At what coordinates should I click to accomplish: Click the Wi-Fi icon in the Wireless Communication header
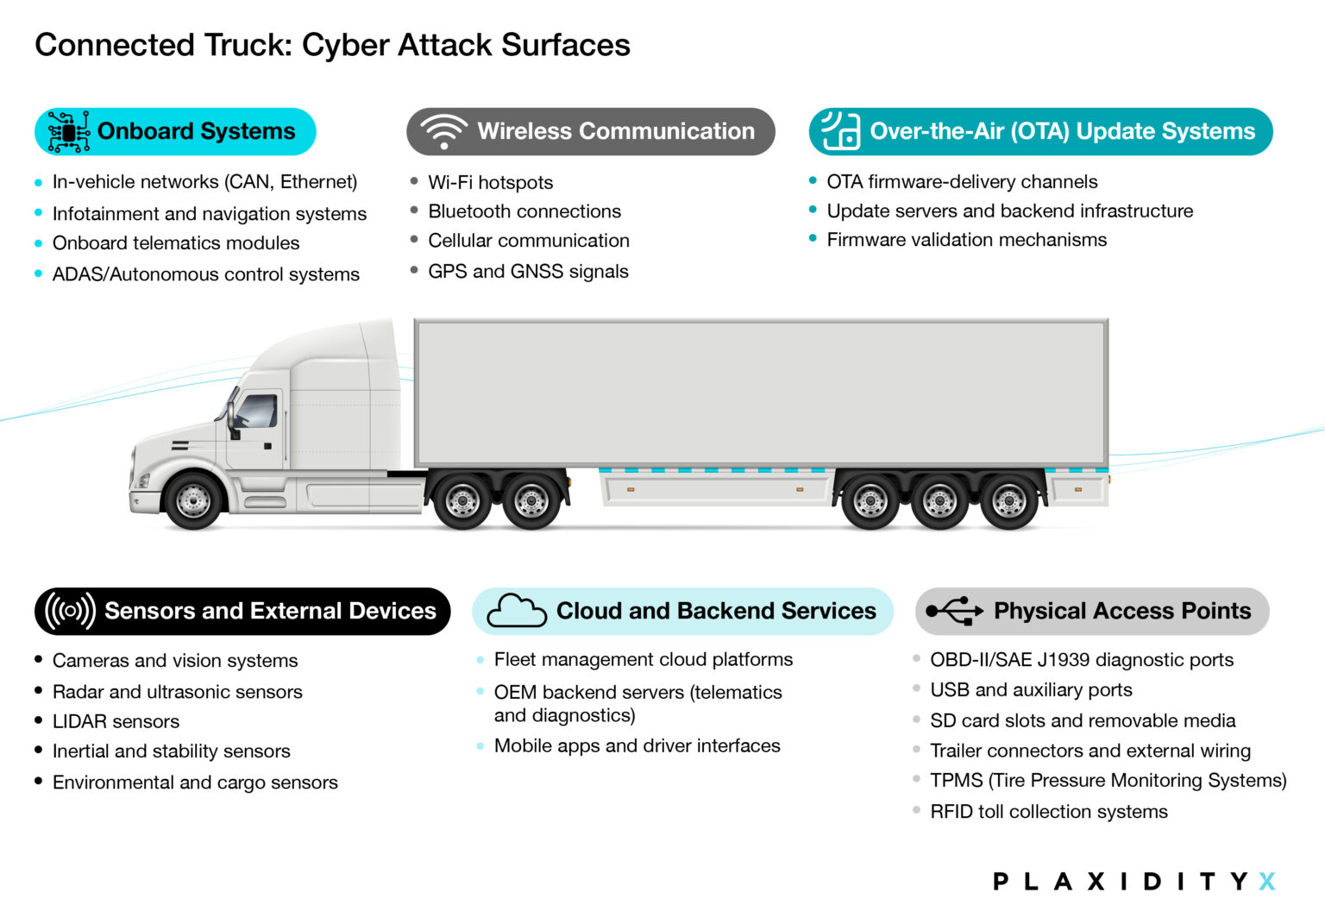pyautogui.click(x=444, y=132)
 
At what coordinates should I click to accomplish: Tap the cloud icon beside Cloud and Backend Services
pyautogui.click(x=516, y=611)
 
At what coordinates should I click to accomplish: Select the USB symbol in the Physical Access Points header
pyautogui.click(x=954, y=611)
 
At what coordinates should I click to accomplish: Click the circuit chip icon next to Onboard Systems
pyautogui.click(x=69, y=132)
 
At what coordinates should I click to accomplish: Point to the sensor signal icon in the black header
pyautogui.click(x=70, y=611)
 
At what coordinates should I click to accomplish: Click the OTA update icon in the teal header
pyautogui.click(x=840, y=131)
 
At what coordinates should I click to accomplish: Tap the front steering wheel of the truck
pyautogui.click(x=192, y=500)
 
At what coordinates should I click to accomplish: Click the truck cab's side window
pyautogui.click(x=257, y=412)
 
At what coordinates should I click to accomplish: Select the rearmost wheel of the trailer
pyautogui.click(x=1008, y=500)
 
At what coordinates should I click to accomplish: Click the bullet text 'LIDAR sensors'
pyautogui.click(x=116, y=721)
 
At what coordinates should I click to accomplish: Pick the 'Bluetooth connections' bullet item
pyautogui.click(x=524, y=211)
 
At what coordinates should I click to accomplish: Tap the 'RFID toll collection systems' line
pyautogui.click(x=1048, y=812)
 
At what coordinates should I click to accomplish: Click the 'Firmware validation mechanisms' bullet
pyautogui.click(x=966, y=240)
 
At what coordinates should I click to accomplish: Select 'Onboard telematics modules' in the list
pyautogui.click(x=176, y=243)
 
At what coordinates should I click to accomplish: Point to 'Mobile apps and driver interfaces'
pyautogui.click(x=637, y=746)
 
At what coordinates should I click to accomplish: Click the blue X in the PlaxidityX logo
pyautogui.click(x=1266, y=881)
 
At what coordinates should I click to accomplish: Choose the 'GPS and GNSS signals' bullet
pyautogui.click(x=528, y=272)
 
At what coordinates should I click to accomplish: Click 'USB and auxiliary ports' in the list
pyautogui.click(x=1031, y=690)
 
